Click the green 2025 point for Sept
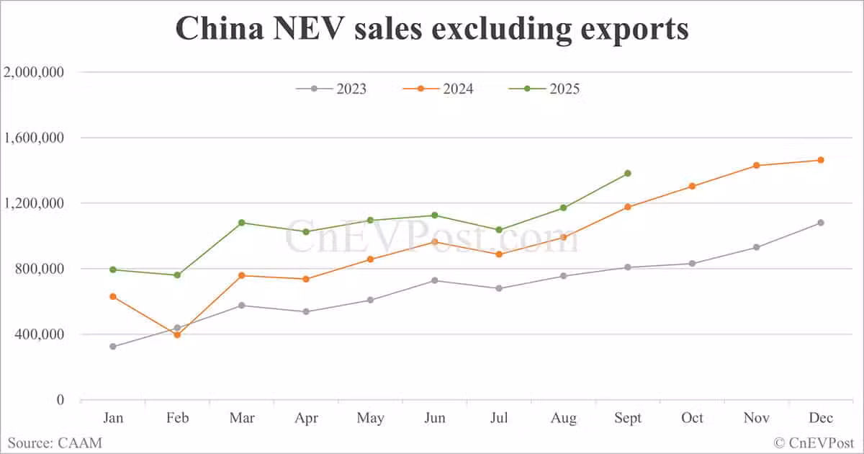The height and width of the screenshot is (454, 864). click(x=628, y=173)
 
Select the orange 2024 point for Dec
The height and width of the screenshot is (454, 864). click(x=821, y=160)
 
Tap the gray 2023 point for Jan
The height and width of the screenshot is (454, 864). click(x=113, y=347)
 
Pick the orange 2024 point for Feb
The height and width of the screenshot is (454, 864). click(x=177, y=334)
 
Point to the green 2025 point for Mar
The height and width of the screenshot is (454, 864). click(x=242, y=223)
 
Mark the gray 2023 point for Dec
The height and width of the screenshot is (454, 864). click(x=821, y=223)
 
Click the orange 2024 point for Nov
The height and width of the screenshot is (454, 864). click(x=757, y=165)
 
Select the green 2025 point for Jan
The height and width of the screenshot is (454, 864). click(x=113, y=270)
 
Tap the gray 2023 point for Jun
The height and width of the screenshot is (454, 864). click(x=435, y=280)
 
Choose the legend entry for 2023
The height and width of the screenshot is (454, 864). click(x=332, y=89)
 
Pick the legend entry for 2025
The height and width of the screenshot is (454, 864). click(x=544, y=89)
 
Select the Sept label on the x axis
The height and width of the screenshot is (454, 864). click(x=628, y=419)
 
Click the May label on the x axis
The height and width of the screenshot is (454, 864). click(x=370, y=419)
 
